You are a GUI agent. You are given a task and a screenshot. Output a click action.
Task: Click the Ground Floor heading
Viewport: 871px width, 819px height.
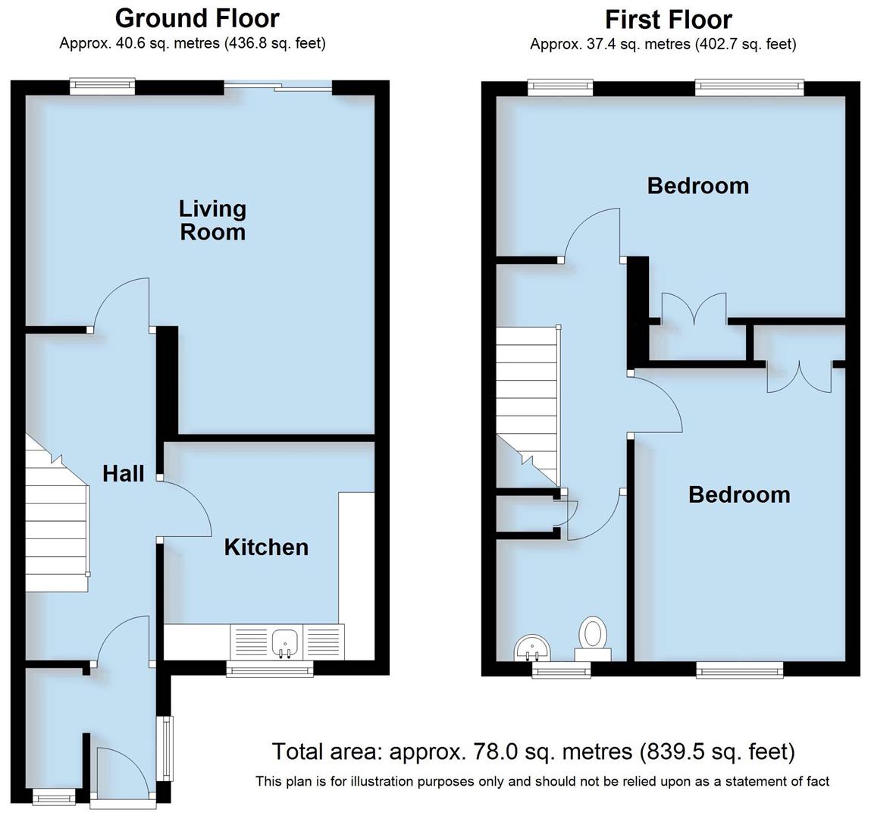(x=196, y=17)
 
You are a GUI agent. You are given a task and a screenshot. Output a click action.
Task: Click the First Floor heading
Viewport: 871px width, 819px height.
(x=668, y=19)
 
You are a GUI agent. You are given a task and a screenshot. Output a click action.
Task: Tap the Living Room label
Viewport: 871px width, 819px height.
(x=212, y=220)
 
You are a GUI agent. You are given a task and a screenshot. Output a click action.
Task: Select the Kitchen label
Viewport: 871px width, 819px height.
(x=266, y=547)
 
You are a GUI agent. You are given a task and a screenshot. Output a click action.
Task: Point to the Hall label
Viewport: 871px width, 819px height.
(x=123, y=474)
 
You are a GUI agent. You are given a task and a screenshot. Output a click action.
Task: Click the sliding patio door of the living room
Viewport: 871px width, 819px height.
(x=278, y=88)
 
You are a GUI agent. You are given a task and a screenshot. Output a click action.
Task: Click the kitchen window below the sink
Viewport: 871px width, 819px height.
(x=270, y=668)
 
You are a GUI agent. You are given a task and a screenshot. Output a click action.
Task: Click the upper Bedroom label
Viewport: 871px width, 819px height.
(x=697, y=186)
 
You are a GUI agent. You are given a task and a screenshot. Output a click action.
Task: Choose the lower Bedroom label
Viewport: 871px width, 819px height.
(x=738, y=494)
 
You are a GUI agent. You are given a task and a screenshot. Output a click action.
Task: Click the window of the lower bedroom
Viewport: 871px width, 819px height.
(x=740, y=668)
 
